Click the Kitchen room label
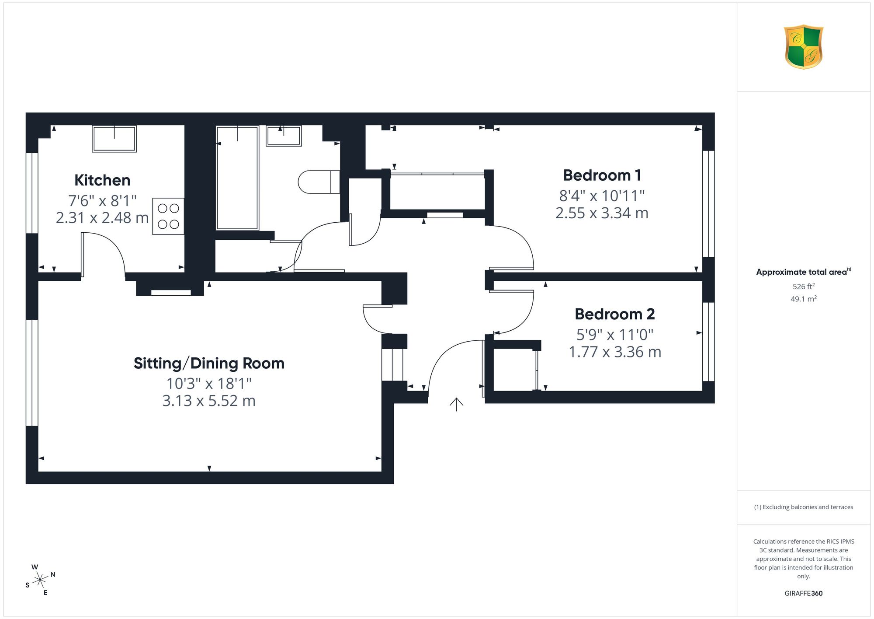tap(102, 180)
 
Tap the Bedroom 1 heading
tap(602, 175)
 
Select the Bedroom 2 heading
tap(614, 314)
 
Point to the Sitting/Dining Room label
tap(209, 364)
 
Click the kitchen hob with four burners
tap(168, 217)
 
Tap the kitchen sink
tap(114, 139)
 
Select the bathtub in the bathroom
tap(237, 178)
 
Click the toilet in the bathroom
tap(319, 182)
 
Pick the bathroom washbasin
tap(284, 136)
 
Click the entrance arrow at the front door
tap(456, 405)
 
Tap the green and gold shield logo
tap(804, 47)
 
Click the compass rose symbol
tap(40, 580)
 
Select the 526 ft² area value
tap(804, 287)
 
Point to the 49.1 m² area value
tap(804, 299)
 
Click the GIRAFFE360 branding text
tap(804, 594)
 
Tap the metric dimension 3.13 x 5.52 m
tap(209, 401)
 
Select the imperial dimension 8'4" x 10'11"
tap(602, 196)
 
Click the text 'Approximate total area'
tap(801, 272)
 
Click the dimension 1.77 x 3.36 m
tap(615, 352)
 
